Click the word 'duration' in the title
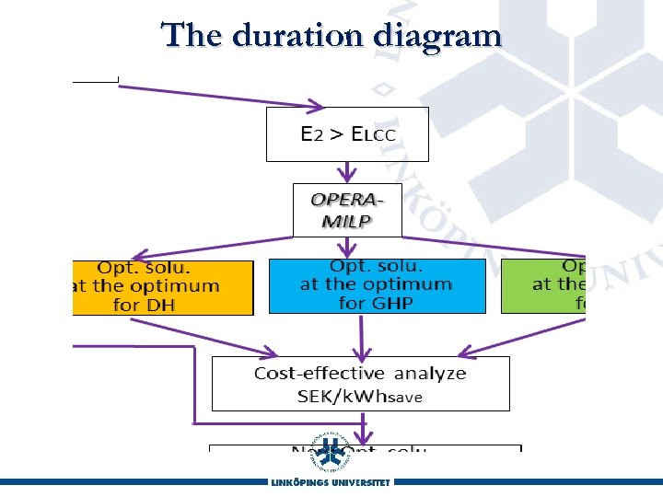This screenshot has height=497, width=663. point(298,35)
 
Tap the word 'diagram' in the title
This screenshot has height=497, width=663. point(437,37)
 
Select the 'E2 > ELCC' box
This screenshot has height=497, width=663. point(347,134)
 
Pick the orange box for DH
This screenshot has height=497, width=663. point(162,287)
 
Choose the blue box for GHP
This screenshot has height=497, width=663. point(376,285)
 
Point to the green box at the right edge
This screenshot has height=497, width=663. point(544,285)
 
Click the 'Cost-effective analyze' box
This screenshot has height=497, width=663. point(360,383)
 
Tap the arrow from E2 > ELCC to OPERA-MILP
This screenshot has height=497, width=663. point(347,172)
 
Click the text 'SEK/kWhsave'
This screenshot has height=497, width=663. point(360,396)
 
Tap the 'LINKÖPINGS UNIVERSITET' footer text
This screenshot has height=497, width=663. point(331,482)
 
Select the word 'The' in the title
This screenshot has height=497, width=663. point(192,35)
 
